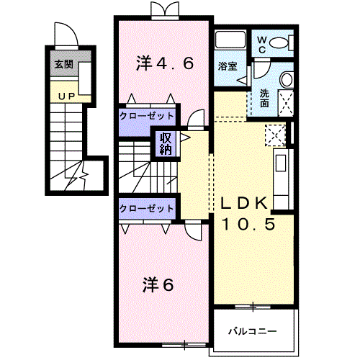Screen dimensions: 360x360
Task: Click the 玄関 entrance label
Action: [x=63, y=64]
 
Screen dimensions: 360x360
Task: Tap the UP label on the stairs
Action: [x=67, y=96]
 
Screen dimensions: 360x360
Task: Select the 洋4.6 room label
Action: [x=165, y=63]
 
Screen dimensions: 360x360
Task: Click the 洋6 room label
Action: [x=158, y=285]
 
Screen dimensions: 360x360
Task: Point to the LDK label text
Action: [x=244, y=203]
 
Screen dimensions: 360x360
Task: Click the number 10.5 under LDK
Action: [x=248, y=224]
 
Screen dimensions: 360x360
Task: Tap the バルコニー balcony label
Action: [x=252, y=331]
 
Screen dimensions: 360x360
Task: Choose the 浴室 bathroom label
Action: [x=228, y=66]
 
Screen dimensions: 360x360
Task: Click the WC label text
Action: [x=262, y=45]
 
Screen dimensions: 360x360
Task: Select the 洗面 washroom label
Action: [x=264, y=98]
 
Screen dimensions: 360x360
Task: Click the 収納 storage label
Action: [x=166, y=144]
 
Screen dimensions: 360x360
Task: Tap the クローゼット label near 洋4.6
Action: [x=146, y=117]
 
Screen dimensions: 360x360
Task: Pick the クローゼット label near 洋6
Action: [x=146, y=208]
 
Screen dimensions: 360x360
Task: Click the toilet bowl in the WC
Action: [x=279, y=43]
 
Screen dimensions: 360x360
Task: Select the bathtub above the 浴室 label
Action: [x=230, y=40]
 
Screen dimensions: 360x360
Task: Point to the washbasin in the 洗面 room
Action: [x=287, y=80]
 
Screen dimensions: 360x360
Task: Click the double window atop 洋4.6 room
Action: [x=165, y=9]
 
